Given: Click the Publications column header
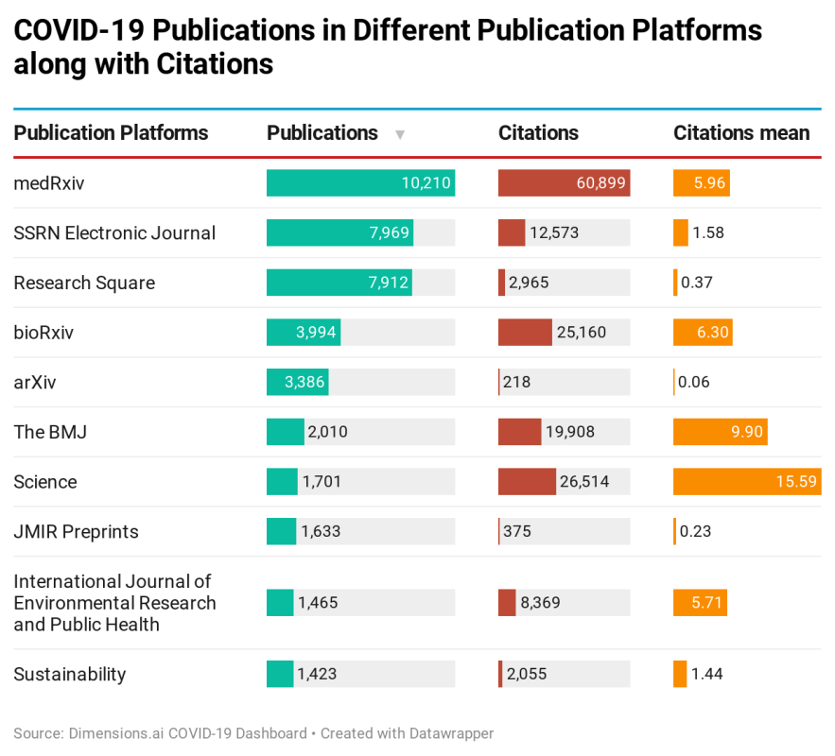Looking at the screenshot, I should pos(322,133).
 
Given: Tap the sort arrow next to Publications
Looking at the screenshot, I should pos(400,134).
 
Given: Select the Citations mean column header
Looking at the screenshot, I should pos(740,133).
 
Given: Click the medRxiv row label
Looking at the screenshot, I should pos(49,183).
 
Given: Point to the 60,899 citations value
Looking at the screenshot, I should pos(600,183).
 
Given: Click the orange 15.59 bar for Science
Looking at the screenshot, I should pos(746,482).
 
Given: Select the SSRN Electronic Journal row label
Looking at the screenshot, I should pos(114,233).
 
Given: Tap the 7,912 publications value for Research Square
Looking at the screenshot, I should pos(389,283).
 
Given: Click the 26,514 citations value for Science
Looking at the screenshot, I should pos(584,482).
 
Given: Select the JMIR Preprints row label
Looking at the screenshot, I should pos(76,532).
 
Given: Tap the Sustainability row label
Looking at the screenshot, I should pos(69,675).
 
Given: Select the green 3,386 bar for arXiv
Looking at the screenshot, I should pos(297,382).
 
